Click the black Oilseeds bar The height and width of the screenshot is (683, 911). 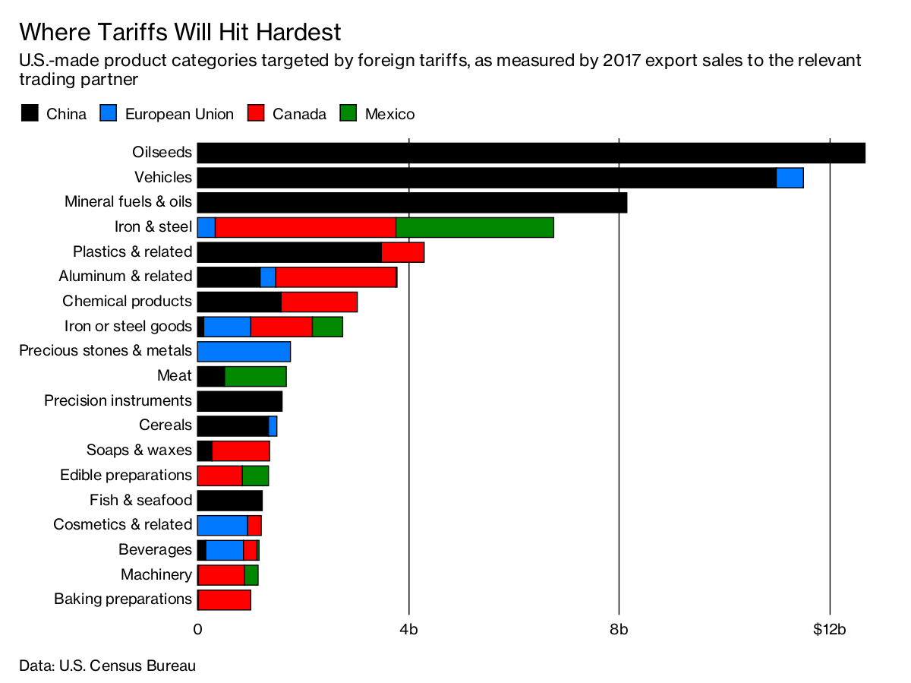click(531, 153)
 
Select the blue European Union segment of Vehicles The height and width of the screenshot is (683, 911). click(790, 178)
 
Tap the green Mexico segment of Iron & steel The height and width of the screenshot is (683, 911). click(474, 227)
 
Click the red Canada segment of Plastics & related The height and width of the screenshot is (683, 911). click(402, 252)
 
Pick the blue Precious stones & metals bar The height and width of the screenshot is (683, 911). click(244, 351)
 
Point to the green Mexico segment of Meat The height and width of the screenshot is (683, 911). click(255, 376)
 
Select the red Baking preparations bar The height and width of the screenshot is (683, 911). click(224, 599)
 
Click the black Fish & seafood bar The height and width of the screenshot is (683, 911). click(229, 501)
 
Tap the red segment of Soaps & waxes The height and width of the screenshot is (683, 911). click(241, 451)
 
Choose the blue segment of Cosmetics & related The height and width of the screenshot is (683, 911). click(222, 525)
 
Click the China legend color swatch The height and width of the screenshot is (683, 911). click(29, 114)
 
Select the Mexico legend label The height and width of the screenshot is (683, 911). click(389, 114)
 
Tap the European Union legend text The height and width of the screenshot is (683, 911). click(179, 114)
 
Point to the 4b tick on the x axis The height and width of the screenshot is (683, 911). click(408, 629)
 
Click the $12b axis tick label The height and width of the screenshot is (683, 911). click(829, 629)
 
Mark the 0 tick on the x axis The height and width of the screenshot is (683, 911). click(197, 629)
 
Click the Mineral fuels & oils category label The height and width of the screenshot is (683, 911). click(128, 202)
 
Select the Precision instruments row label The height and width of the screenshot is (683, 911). click(118, 400)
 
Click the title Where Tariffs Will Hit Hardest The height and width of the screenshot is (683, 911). click(180, 32)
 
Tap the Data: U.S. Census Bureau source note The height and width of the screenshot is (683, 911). click(107, 666)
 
